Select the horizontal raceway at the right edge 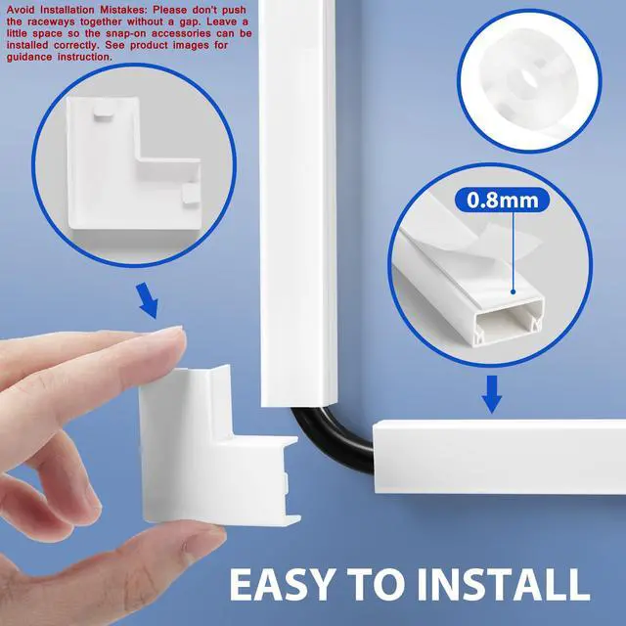[x=499, y=460]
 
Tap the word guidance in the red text [x=23, y=57]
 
